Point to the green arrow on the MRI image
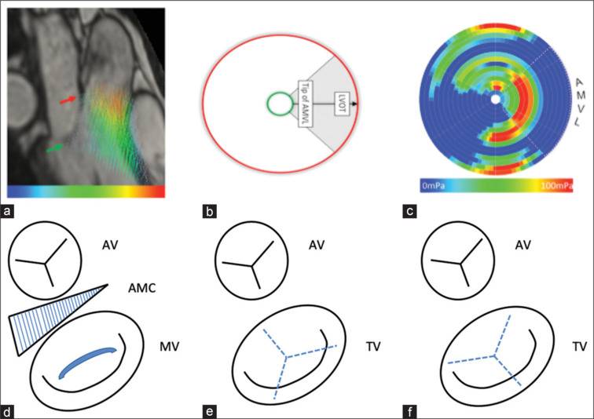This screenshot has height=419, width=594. pos(54,147)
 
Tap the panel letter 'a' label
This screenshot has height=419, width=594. pos(7,211)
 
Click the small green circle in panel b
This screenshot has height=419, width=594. pos(277,102)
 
